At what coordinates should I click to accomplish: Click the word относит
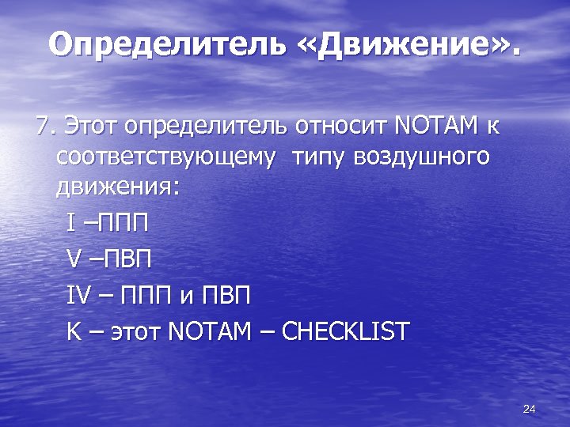point(341,126)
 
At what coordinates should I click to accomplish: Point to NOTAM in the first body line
point(435,126)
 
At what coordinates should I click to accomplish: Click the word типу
point(319,157)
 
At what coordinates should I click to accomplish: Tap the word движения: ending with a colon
point(118,188)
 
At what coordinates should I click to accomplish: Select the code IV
point(80,295)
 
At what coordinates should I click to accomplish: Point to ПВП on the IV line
point(226,295)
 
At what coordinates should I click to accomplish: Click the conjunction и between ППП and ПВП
point(185,297)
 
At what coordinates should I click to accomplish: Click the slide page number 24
point(530,409)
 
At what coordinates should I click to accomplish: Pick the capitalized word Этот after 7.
point(92,126)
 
